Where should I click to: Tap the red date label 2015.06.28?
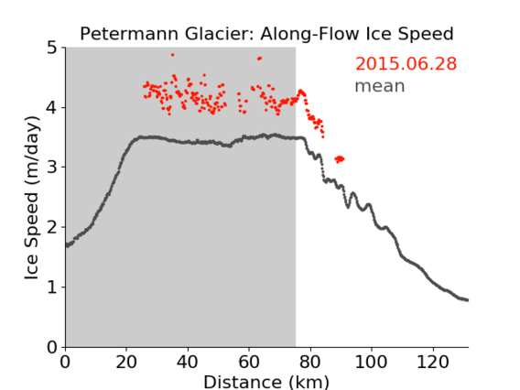pyautogui.click(x=406, y=64)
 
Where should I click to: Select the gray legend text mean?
pyautogui.click(x=380, y=86)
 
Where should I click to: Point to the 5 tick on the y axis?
pyautogui.click(x=52, y=49)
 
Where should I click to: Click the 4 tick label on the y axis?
pyautogui.click(x=52, y=108)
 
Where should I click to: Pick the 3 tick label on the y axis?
pyautogui.click(x=52, y=168)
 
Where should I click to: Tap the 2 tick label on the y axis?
pyautogui.click(x=52, y=227)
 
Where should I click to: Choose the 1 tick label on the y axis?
pyautogui.click(x=52, y=287)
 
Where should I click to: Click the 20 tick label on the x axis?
pyautogui.click(x=126, y=362)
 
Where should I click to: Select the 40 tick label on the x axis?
pyautogui.click(x=188, y=362)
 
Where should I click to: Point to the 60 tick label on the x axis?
pyautogui.click(x=249, y=362)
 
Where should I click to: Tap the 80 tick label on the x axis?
pyautogui.click(x=310, y=362)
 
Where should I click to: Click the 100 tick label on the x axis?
pyautogui.click(x=371, y=362)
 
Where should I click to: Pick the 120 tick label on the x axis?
pyautogui.click(x=432, y=362)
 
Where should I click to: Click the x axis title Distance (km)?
pyautogui.click(x=266, y=383)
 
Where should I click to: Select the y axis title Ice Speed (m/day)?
pyautogui.click(x=32, y=198)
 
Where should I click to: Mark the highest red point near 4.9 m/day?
pyautogui.click(x=172, y=55)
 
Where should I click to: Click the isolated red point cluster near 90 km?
pyautogui.click(x=340, y=159)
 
